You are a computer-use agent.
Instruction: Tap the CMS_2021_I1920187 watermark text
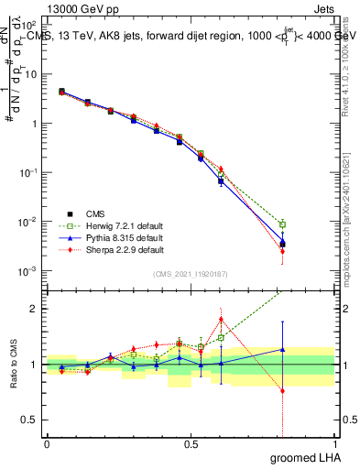pyautogui.click(x=190, y=274)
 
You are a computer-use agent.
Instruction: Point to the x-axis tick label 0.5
pyautogui.click(x=191, y=443)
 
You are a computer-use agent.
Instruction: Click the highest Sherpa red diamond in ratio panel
pyautogui.click(x=221, y=320)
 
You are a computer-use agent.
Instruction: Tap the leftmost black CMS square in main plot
pyautogui.click(x=61, y=92)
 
